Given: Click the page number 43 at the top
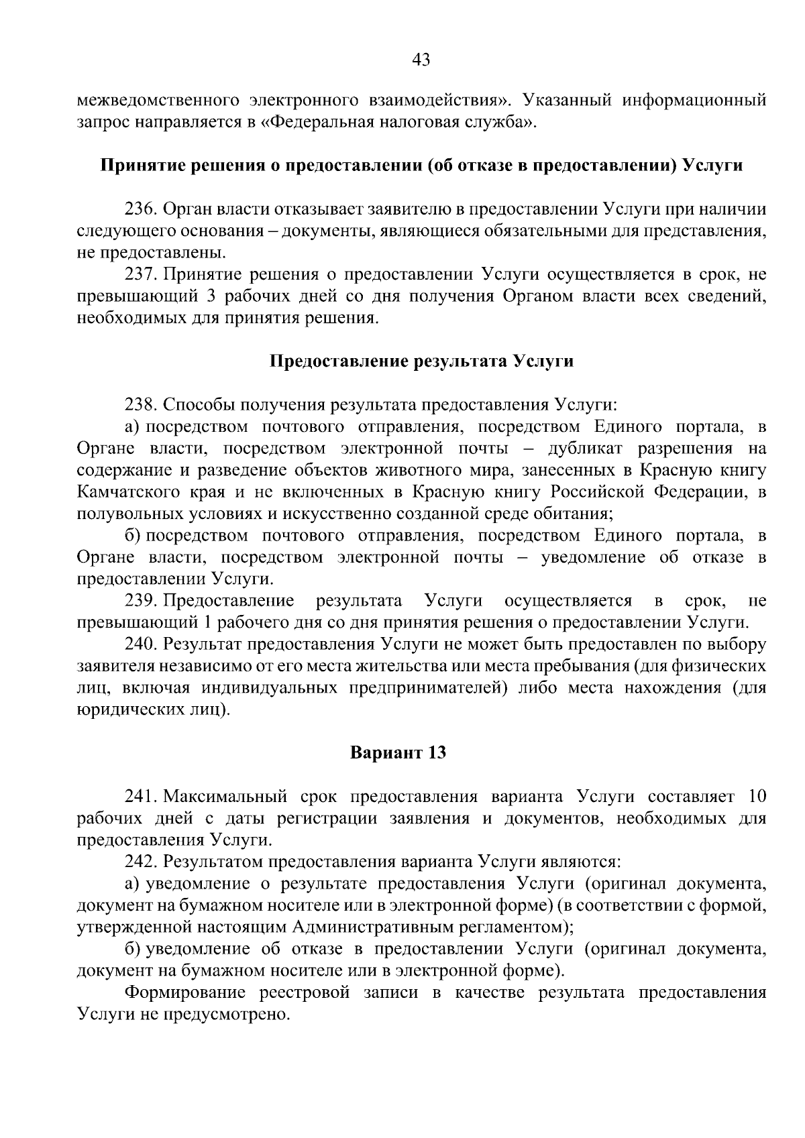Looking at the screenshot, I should pos(421,60).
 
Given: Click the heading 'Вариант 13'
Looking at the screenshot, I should pos(398,752).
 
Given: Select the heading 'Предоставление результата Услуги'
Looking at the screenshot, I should pos(421,361).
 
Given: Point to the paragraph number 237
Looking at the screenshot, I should pos(141,274).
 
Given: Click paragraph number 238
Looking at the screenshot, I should pos(141,404).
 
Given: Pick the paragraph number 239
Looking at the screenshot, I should pos(141,600).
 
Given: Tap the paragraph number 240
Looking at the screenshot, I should pos(141,644).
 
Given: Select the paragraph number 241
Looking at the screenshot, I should pos(141,797).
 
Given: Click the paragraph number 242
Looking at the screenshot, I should pos(141,861).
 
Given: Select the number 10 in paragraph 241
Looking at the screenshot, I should pos(756,797).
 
